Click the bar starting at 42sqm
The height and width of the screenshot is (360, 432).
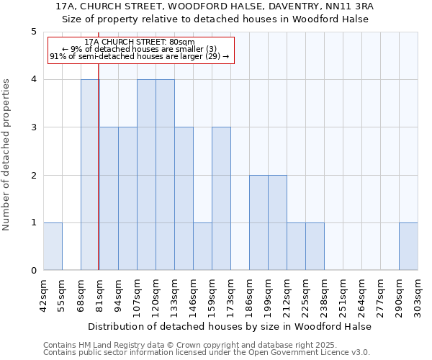[53, 246]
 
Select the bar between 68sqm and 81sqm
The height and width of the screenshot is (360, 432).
[90, 175]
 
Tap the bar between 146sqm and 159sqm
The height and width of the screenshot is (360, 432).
[202, 246]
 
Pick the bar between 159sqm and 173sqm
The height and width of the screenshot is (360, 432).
[221, 199]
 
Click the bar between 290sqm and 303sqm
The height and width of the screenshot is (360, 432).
[408, 246]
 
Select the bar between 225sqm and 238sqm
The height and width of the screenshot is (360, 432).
[315, 246]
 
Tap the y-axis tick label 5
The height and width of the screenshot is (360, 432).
[33, 32]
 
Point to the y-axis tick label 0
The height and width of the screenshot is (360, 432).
[33, 271]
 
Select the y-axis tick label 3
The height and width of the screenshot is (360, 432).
[33, 127]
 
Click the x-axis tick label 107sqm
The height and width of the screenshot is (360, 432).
[138, 295]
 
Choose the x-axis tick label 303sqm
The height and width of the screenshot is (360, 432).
[418, 295]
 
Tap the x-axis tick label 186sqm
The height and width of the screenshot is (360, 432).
[250, 295]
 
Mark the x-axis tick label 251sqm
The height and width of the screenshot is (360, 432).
[343, 295]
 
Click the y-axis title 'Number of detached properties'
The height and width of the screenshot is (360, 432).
[7, 155]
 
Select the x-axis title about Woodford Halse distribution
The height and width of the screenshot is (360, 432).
[230, 326]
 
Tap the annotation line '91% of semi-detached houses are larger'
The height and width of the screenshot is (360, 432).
[139, 56]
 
